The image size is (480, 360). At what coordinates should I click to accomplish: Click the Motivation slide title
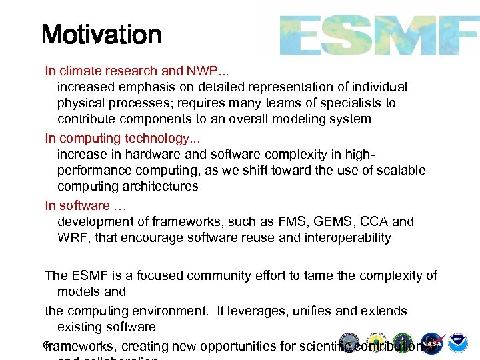101,34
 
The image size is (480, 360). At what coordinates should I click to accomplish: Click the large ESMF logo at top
377,35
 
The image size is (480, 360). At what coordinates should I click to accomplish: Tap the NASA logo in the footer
433,343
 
